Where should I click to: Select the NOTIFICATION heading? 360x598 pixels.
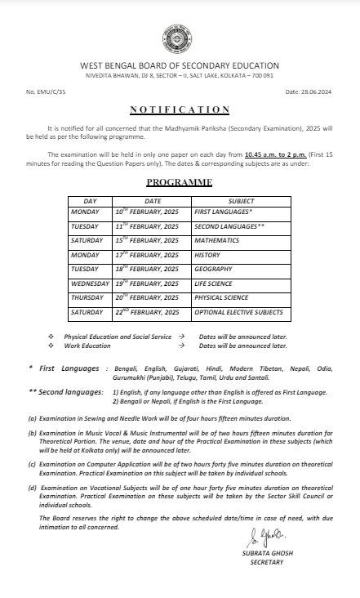(x=180, y=109)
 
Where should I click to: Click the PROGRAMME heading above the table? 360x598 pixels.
(x=180, y=182)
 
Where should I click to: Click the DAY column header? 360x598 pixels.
(x=90, y=200)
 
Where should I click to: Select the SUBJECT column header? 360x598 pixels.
(x=241, y=200)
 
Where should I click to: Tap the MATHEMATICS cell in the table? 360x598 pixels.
(x=216, y=240)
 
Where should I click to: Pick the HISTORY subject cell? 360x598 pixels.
(x=208, y=255)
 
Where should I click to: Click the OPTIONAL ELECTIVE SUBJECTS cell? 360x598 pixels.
(x=238, y=312)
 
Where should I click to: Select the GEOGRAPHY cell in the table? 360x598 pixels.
(x=213, y=269)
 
